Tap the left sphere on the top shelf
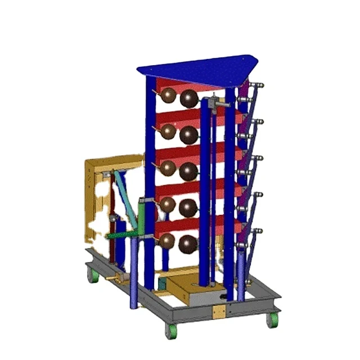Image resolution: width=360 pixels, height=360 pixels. tap(168, 97)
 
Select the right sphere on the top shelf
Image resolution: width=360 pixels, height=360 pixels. tap(189, 99)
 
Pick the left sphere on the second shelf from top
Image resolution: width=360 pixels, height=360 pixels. tap(168, 133)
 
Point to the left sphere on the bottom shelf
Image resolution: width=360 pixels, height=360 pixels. tap(167, 241)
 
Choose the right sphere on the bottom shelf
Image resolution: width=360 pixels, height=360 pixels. tap(188, 244)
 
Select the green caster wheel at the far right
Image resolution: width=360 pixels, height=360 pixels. tap(273, 319)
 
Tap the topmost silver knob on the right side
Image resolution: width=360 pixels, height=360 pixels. tap(260, 85)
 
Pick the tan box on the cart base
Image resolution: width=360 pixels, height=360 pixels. tap(191, 292)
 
